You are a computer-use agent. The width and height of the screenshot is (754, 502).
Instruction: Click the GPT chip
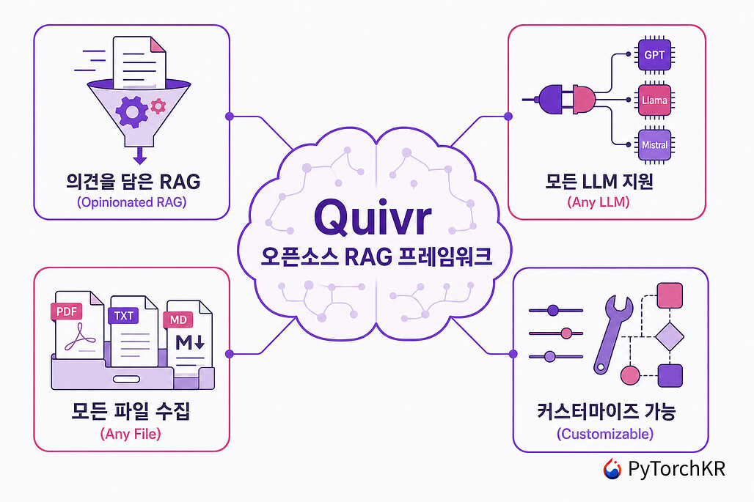coord(654,55)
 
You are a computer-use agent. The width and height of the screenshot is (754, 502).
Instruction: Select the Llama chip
coord(654,100)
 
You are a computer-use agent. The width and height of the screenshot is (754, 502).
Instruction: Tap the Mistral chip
coord(654,144)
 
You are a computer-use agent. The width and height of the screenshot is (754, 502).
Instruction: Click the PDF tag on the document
coord(66,311)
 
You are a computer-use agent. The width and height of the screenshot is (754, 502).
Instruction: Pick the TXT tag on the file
coord(123,316)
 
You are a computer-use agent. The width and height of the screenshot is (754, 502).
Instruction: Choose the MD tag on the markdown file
coord(178,320)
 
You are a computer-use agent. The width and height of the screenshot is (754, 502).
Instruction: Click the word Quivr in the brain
coord(373,216)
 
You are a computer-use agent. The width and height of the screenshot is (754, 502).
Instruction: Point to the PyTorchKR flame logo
coord(612,468)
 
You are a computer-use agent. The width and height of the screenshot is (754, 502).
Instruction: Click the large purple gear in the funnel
coord(131,111)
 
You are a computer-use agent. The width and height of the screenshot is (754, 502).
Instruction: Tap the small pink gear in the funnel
coord(158,106)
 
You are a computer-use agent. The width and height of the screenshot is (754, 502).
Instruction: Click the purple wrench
coord(611,334)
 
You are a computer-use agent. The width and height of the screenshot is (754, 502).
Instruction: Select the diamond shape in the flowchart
coord(670,336)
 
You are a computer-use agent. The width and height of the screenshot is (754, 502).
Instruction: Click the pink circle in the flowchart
coord(631,375)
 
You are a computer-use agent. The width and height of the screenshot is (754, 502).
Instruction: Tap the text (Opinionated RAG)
coord(132,202)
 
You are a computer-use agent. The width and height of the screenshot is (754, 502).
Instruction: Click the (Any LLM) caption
coord(599,202)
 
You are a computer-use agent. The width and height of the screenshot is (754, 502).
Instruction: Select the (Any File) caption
coord(131,434)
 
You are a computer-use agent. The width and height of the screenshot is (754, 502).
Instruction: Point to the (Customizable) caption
coord(605,434)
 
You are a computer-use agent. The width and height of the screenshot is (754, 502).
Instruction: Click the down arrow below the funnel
coord(139,155)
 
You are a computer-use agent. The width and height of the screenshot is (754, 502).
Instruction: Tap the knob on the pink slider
coord(566,333)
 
